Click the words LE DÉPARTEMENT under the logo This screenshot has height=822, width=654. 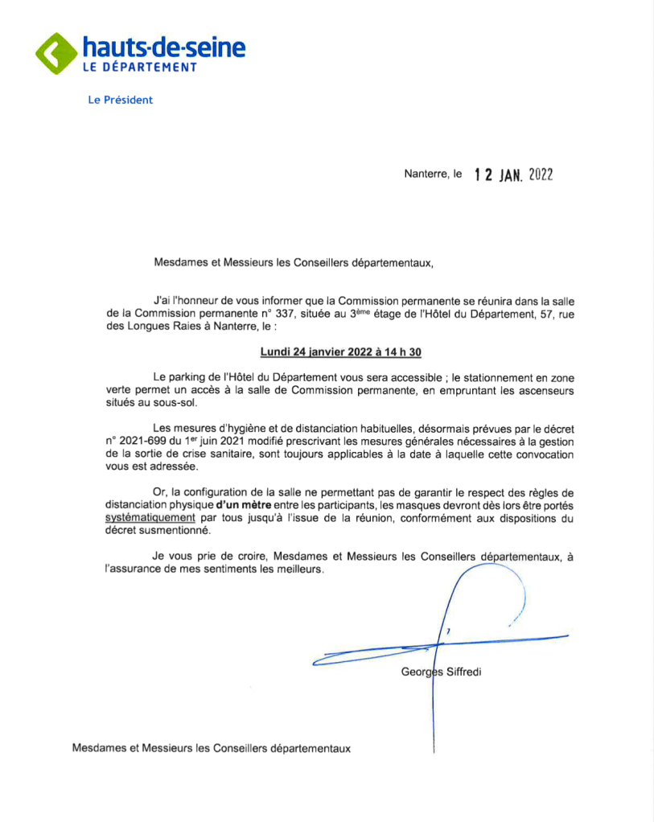140,68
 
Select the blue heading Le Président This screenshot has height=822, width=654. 120,101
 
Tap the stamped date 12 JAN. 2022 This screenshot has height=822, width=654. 513,175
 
